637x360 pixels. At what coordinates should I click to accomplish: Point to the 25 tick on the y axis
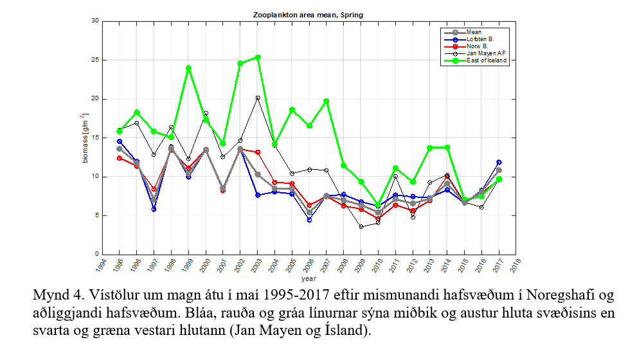click(96, 60)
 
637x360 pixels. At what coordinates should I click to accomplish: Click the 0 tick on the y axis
click(97, 254)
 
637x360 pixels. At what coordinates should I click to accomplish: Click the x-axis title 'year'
click(309, 279)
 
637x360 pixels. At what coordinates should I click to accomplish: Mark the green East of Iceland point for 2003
click(258, 57)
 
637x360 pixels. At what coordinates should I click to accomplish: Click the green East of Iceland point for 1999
click(188, 67)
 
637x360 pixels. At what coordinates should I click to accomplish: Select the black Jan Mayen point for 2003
click(258, 98)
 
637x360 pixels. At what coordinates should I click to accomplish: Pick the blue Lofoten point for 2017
click(499, 163)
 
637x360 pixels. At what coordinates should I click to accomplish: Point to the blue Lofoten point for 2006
click(309, 220)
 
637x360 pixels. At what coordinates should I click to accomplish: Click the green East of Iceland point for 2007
click(327, 101)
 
